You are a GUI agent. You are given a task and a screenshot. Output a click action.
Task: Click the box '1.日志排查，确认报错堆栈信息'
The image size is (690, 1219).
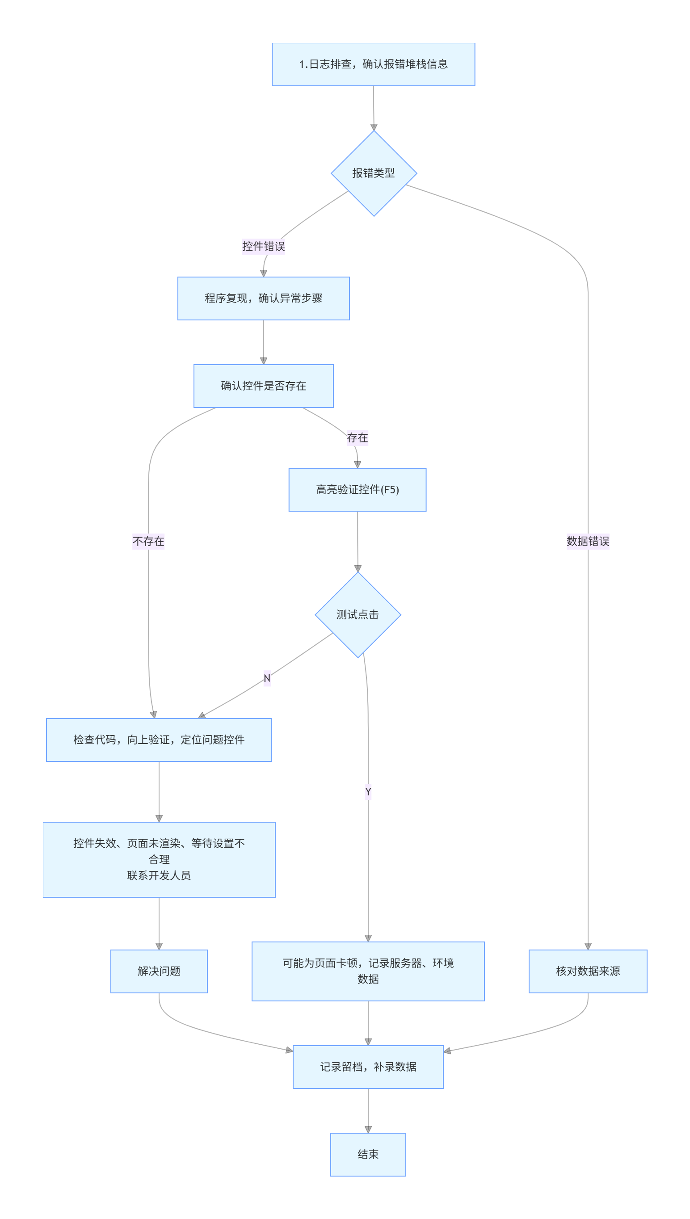click(x=374, y=64)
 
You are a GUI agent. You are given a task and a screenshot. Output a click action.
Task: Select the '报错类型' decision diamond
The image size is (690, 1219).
click(x=374, y=173)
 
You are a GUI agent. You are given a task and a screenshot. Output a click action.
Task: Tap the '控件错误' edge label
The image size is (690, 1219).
click(x=264, y=246)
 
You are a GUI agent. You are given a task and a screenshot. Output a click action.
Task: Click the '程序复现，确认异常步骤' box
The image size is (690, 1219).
click(x=264, y=298)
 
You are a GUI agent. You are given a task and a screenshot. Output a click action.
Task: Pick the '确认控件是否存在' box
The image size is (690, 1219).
click(x=264, y=386)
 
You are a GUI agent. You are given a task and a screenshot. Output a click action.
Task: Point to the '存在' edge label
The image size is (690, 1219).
click(x=358, y=438)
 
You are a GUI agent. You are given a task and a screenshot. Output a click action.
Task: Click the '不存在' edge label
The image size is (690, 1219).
click(x=148, y=542)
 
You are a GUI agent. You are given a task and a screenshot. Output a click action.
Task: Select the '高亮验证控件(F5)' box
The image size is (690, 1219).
click(x=358, y=490)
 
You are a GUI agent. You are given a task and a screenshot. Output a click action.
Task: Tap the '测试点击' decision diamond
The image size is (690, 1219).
click(x=358, y=615)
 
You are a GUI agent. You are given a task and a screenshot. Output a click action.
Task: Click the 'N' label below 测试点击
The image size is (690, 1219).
click(x=267, y=678)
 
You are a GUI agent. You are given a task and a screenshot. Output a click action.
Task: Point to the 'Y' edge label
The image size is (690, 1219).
click(x=368, y=792)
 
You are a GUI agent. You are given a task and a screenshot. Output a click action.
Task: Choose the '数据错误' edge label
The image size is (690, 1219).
click(x=588, y=542)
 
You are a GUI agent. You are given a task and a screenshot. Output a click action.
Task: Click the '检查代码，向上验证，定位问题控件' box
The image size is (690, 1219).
click(x=159, y=740)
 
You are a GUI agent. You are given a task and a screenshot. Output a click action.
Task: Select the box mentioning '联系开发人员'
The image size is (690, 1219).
click(x=159, y=860)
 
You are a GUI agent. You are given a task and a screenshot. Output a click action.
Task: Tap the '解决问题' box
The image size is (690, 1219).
click(x=159, y=971)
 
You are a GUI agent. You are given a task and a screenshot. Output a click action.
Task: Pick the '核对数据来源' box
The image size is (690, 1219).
click(x=588, y=971)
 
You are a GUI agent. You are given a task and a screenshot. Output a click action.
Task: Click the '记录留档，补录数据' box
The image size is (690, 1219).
click(x=368, y=1067)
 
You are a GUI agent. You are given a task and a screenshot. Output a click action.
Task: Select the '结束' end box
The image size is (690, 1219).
click(x=368, y=1155)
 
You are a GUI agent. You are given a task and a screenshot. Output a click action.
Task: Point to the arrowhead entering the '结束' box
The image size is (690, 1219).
click(x=368, y=1130)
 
